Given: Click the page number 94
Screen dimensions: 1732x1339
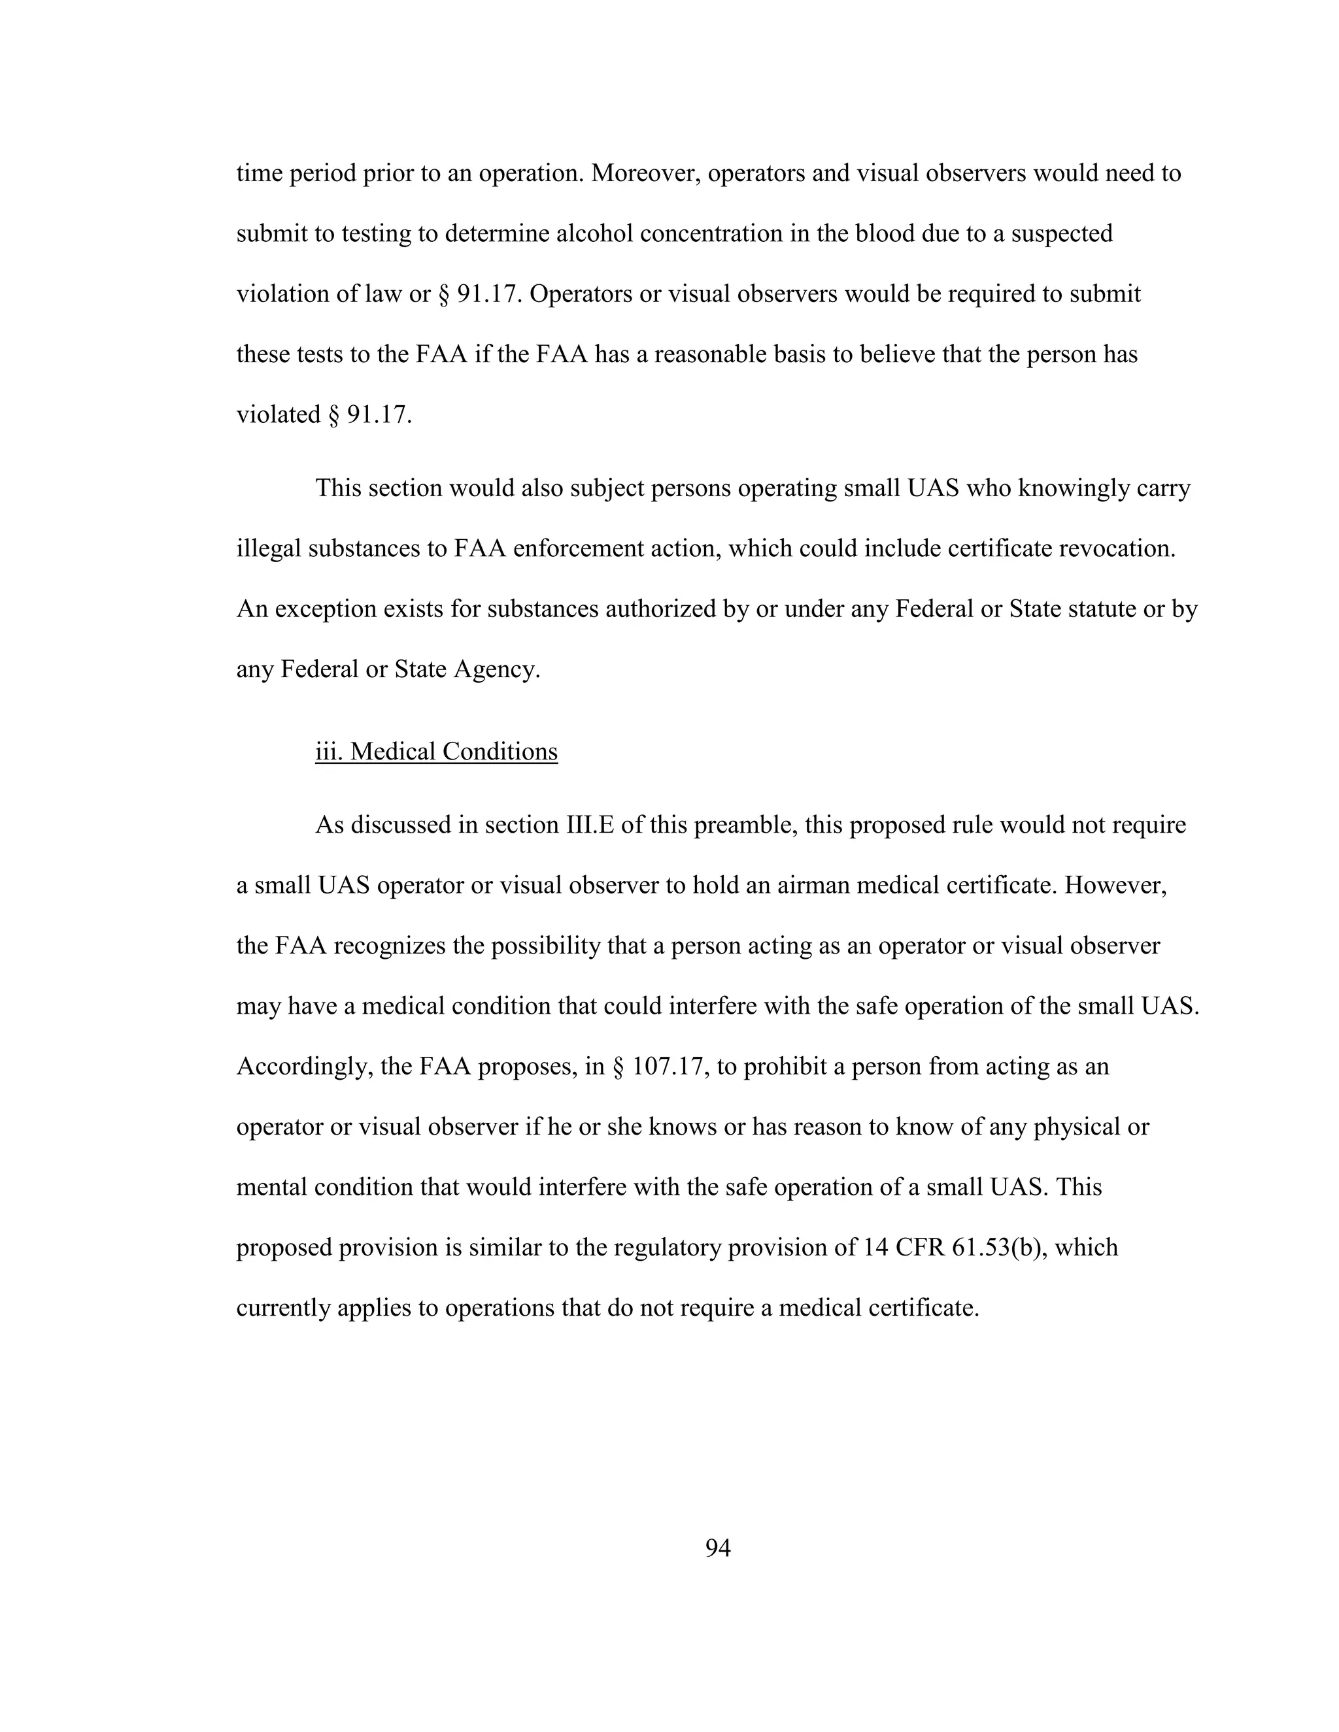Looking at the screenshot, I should tap(717, 1547).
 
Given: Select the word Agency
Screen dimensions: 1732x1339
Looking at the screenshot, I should tap(498, 669).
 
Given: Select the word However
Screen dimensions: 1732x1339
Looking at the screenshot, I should tap(1115, 885).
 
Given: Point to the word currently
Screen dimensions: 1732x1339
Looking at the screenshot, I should tap(283, 1307).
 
